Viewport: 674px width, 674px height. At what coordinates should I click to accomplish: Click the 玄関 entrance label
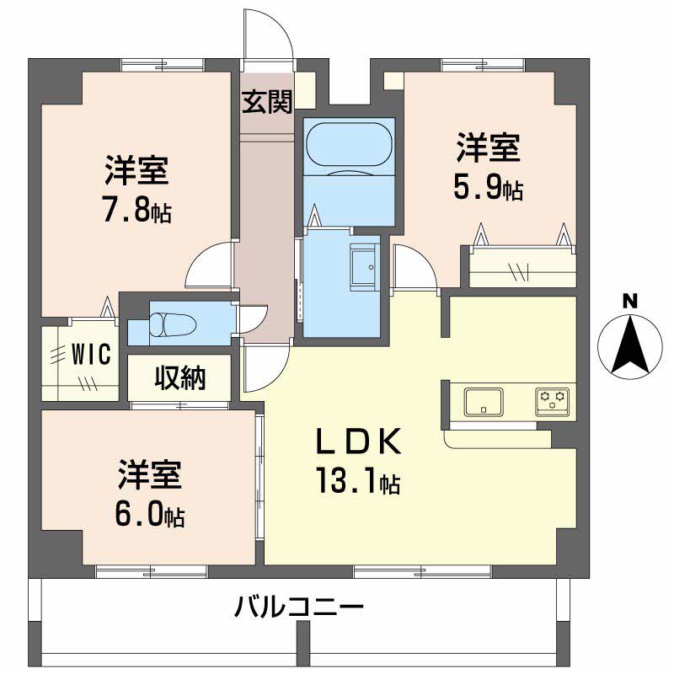click(x=268, y=103)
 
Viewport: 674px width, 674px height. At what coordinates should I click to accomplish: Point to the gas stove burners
click(x=553, y=400)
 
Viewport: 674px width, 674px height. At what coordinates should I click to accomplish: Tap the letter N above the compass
click(x=629, y=301)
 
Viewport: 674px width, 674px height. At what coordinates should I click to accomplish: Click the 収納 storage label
click(x=179, y=379)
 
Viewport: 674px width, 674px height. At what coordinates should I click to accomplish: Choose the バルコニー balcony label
click(x=299, y=607)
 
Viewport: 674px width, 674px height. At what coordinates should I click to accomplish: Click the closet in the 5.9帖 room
click(x=522, y=268)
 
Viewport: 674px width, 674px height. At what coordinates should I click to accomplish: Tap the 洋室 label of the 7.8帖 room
click(x=137, y=171)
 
